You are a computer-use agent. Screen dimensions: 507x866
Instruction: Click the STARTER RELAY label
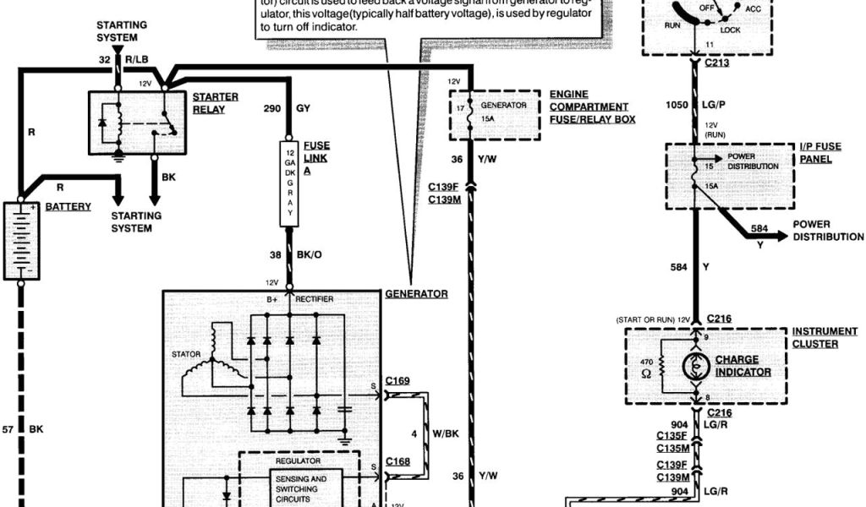(215, 103)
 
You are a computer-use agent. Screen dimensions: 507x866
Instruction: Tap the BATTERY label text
(69, 206)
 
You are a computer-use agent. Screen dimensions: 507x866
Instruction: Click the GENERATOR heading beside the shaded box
(416, 294)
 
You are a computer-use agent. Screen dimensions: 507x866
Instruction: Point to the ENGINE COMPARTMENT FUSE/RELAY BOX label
(592, 107)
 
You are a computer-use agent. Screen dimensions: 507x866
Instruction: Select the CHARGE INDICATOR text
(743, 365)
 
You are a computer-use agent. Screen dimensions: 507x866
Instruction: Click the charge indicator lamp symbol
(697, 366)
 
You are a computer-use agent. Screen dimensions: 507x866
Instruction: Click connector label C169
(397, 381)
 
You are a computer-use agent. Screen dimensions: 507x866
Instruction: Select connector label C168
(397, 461)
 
